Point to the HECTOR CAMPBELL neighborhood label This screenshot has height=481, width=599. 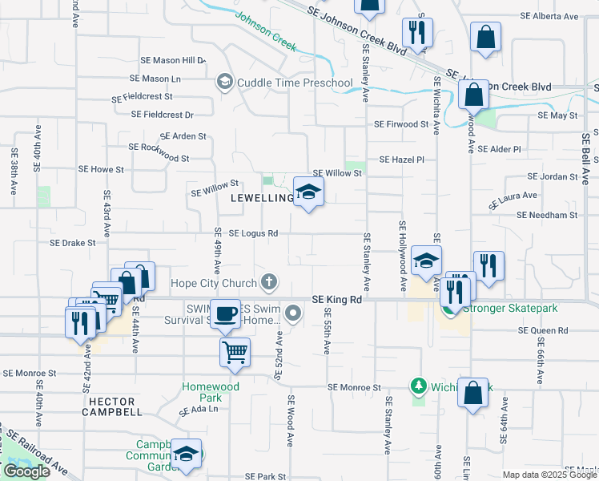[112, 405]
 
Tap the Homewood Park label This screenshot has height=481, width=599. [211, 391]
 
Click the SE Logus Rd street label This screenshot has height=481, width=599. [253, 233]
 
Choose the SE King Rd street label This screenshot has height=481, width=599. [338, 298]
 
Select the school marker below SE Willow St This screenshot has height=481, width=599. [309, 192]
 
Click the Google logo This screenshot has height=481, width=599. [27, 471]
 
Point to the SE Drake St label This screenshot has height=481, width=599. [72, 242]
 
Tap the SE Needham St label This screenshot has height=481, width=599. [547, 215]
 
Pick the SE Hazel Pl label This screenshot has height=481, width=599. [401, 160]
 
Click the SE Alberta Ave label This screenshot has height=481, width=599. [549, 16]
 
